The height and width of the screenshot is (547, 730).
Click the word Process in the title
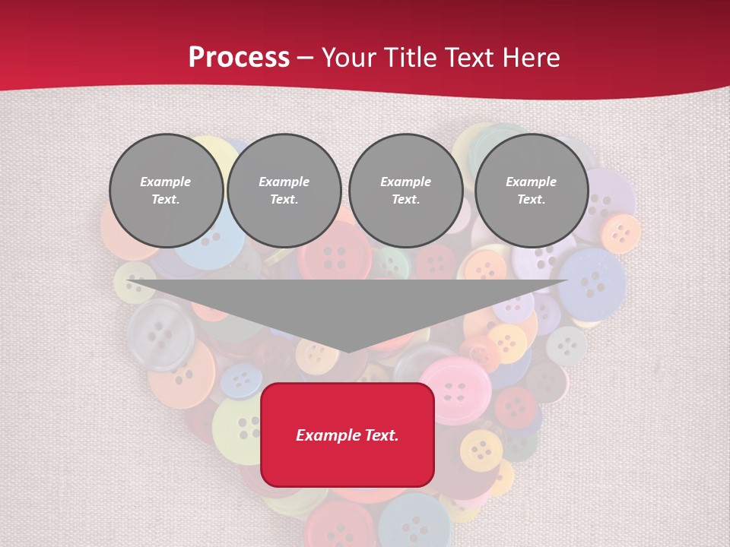(x=239, y=57)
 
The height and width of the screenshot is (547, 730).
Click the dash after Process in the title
(x=306, y=58)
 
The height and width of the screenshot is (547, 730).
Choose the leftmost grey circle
(x=166, y=191)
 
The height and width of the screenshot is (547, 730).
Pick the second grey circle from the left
(x=284, y=191)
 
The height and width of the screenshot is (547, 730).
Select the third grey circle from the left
(x=405, y=191)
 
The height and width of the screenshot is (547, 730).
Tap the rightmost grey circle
(x=531, y=191)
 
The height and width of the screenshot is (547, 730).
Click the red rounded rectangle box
(x=347, y=435)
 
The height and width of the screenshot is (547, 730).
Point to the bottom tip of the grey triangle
(x=348, y=352)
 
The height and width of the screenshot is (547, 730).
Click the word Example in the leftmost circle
(x=166, y=182)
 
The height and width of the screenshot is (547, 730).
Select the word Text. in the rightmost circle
(x=531, y=199)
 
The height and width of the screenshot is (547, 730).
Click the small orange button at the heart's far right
(x=621, y=232)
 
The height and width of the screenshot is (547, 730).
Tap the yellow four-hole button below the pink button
(x=481, y=451)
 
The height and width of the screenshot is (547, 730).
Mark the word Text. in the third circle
(x=405, y=199)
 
